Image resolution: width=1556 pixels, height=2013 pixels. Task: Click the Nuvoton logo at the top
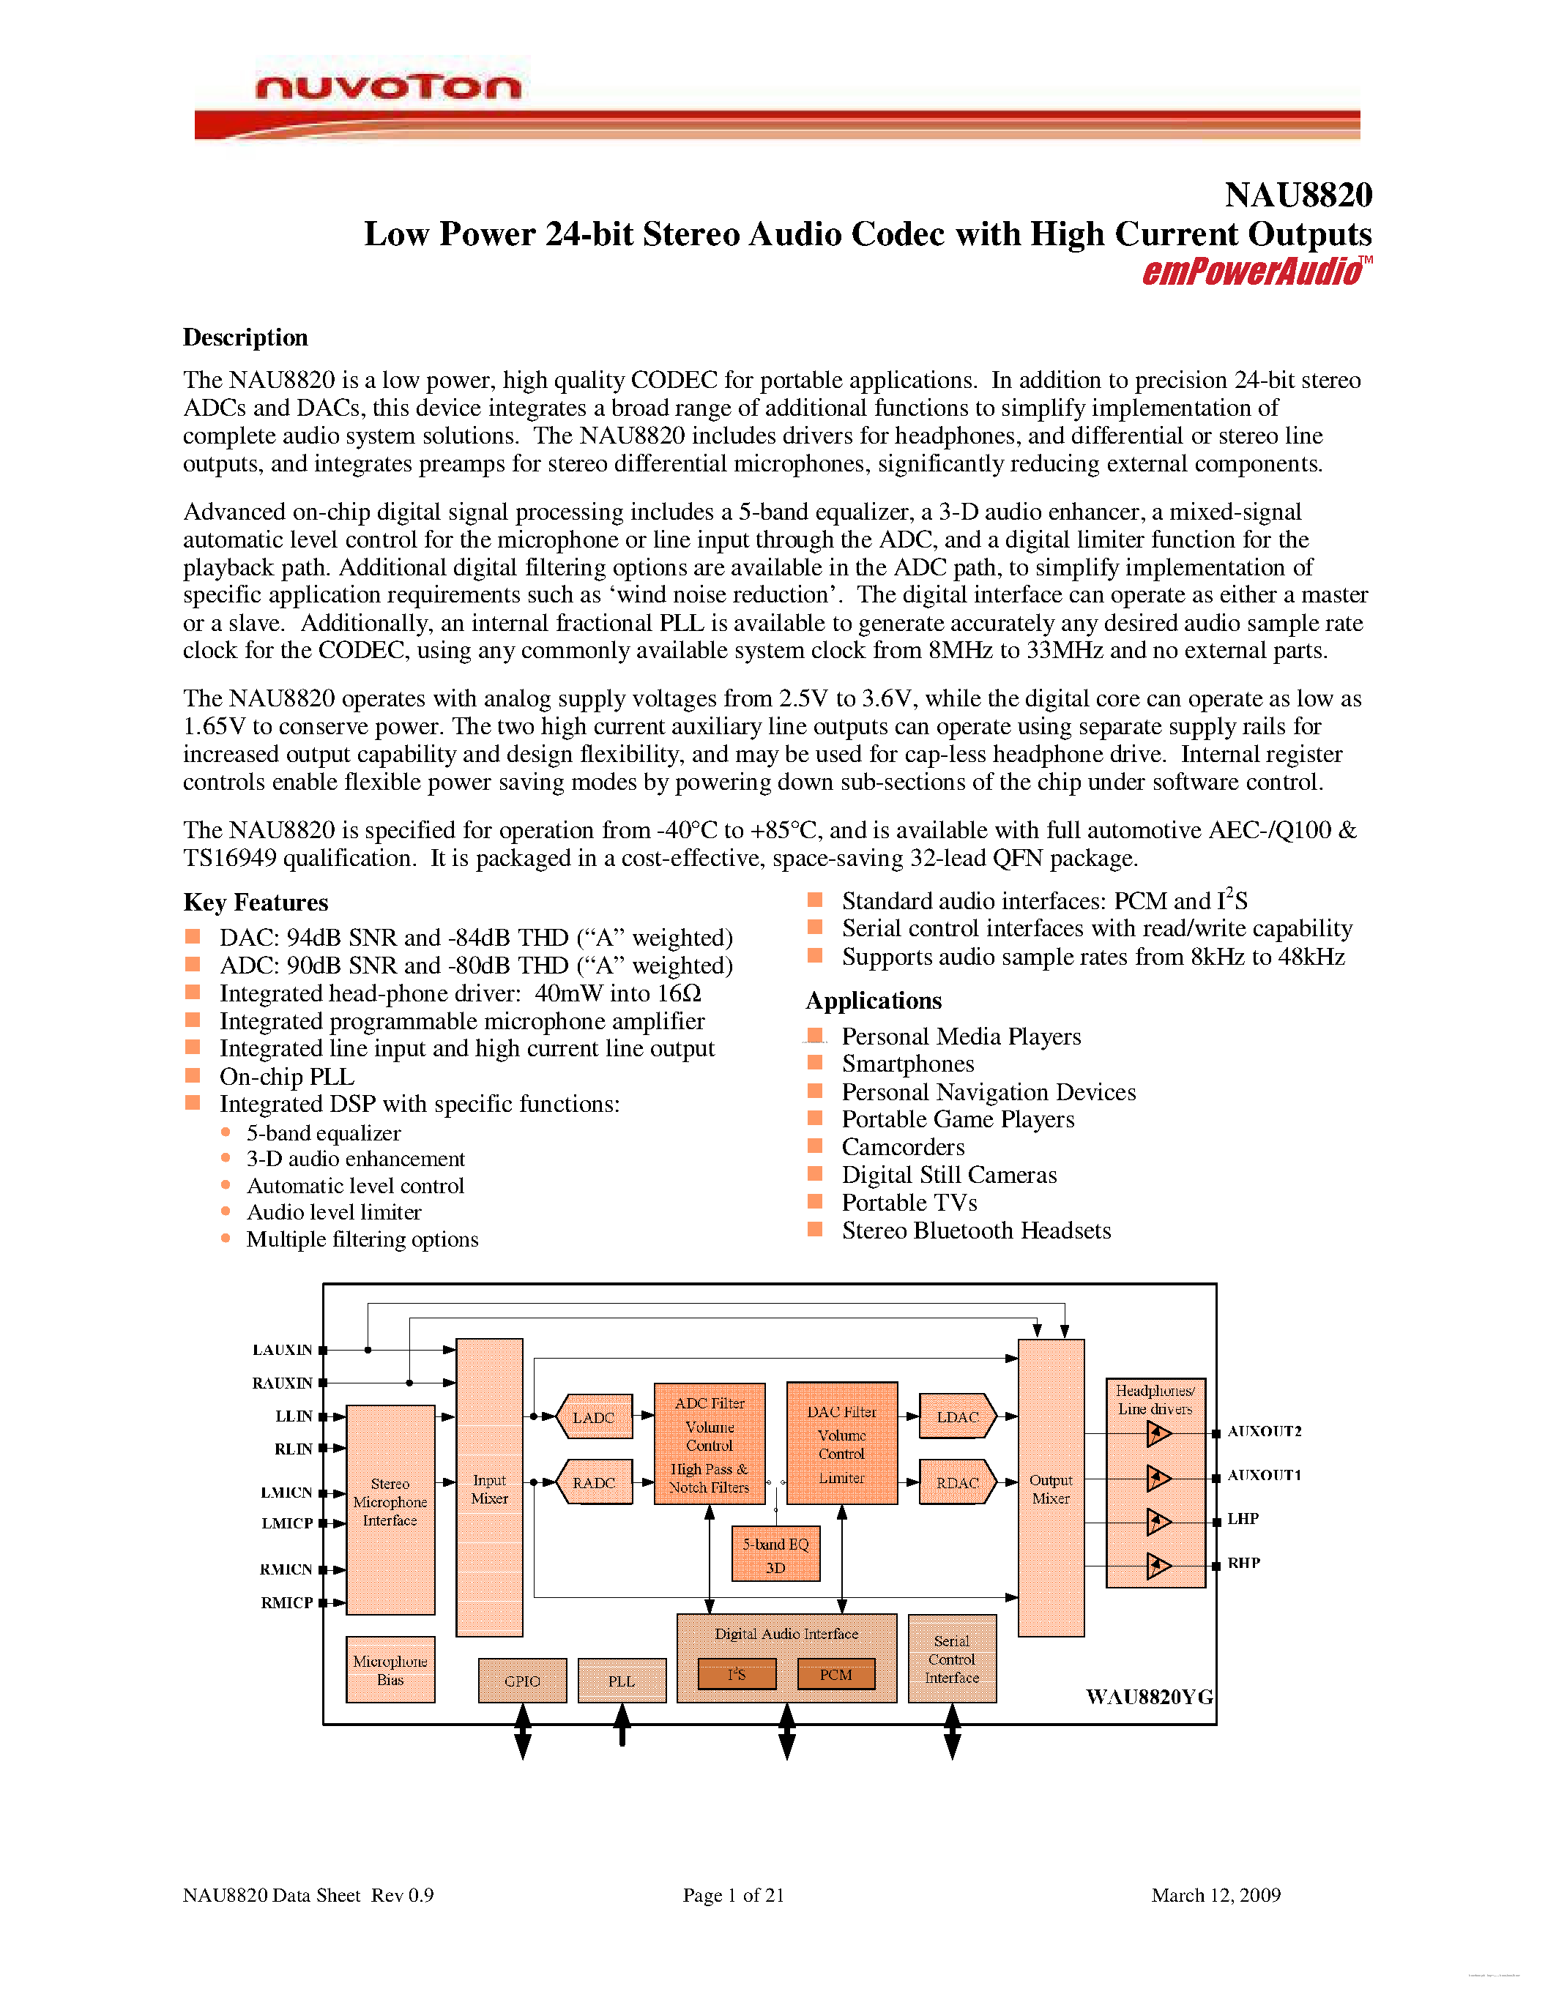[388, 88]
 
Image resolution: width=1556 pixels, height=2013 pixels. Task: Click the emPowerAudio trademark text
[1252, 272]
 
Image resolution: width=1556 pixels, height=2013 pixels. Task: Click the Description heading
[245, 337]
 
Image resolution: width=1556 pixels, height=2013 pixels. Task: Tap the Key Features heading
[256, 903]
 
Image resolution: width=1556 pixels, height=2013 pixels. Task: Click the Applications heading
[873, 1001]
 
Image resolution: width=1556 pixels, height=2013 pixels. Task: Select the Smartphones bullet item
[907, 1064]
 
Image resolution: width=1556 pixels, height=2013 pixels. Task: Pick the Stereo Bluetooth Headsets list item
[975, 1231]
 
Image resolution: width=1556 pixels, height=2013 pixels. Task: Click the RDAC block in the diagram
[958, 1483]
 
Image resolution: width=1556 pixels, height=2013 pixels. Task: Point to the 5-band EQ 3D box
[775, 1555]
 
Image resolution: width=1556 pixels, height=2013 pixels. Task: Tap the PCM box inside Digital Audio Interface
[835, 1675]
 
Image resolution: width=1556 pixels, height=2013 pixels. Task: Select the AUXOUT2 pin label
[1264, 1431]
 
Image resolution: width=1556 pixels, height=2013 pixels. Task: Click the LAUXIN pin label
[282, 1351]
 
